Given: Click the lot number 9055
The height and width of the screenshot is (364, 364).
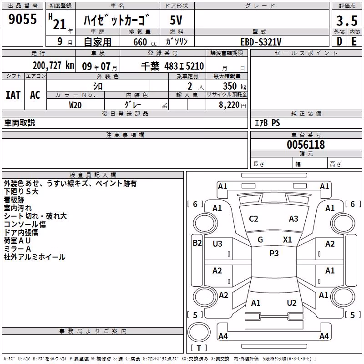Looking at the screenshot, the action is tap(22, 19).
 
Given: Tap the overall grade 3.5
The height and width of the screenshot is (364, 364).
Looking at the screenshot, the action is tap(347, 20).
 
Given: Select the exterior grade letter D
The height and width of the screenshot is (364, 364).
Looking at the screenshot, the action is tap(339, 41).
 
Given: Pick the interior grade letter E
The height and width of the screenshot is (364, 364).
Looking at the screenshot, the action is tap(354, 41).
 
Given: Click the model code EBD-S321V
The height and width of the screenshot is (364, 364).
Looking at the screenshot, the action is tap(261, 42).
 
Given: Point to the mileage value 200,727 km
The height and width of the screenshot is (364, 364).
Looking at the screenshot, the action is tap(53, 66).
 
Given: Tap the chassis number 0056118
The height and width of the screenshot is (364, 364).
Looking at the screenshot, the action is tap(306, 145).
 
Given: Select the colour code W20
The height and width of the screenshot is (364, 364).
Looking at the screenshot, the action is tap(75, 105).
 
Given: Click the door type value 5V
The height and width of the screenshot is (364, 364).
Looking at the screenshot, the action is tap(176, 20).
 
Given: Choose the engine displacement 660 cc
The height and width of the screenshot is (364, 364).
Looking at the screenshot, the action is tap(145, 42).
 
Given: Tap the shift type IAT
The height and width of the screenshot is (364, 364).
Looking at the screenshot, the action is tap(13, 95).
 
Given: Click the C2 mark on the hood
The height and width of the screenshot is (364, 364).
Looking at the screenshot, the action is tap(253, 219).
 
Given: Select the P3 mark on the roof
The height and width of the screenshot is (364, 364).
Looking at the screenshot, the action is tap(274, 253).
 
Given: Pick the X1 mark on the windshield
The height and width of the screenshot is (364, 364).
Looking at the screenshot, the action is tap(288, 240).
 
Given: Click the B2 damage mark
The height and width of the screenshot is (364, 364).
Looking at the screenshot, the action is tap(197, 243).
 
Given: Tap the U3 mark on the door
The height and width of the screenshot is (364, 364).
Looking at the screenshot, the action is tap(217, 244).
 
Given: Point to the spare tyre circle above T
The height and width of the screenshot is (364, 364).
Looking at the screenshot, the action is tap(199, 332).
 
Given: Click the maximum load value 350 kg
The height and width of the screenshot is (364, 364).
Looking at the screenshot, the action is tap(234, 86).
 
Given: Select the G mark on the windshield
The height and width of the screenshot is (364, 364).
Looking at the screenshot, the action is tap(260, 240).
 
